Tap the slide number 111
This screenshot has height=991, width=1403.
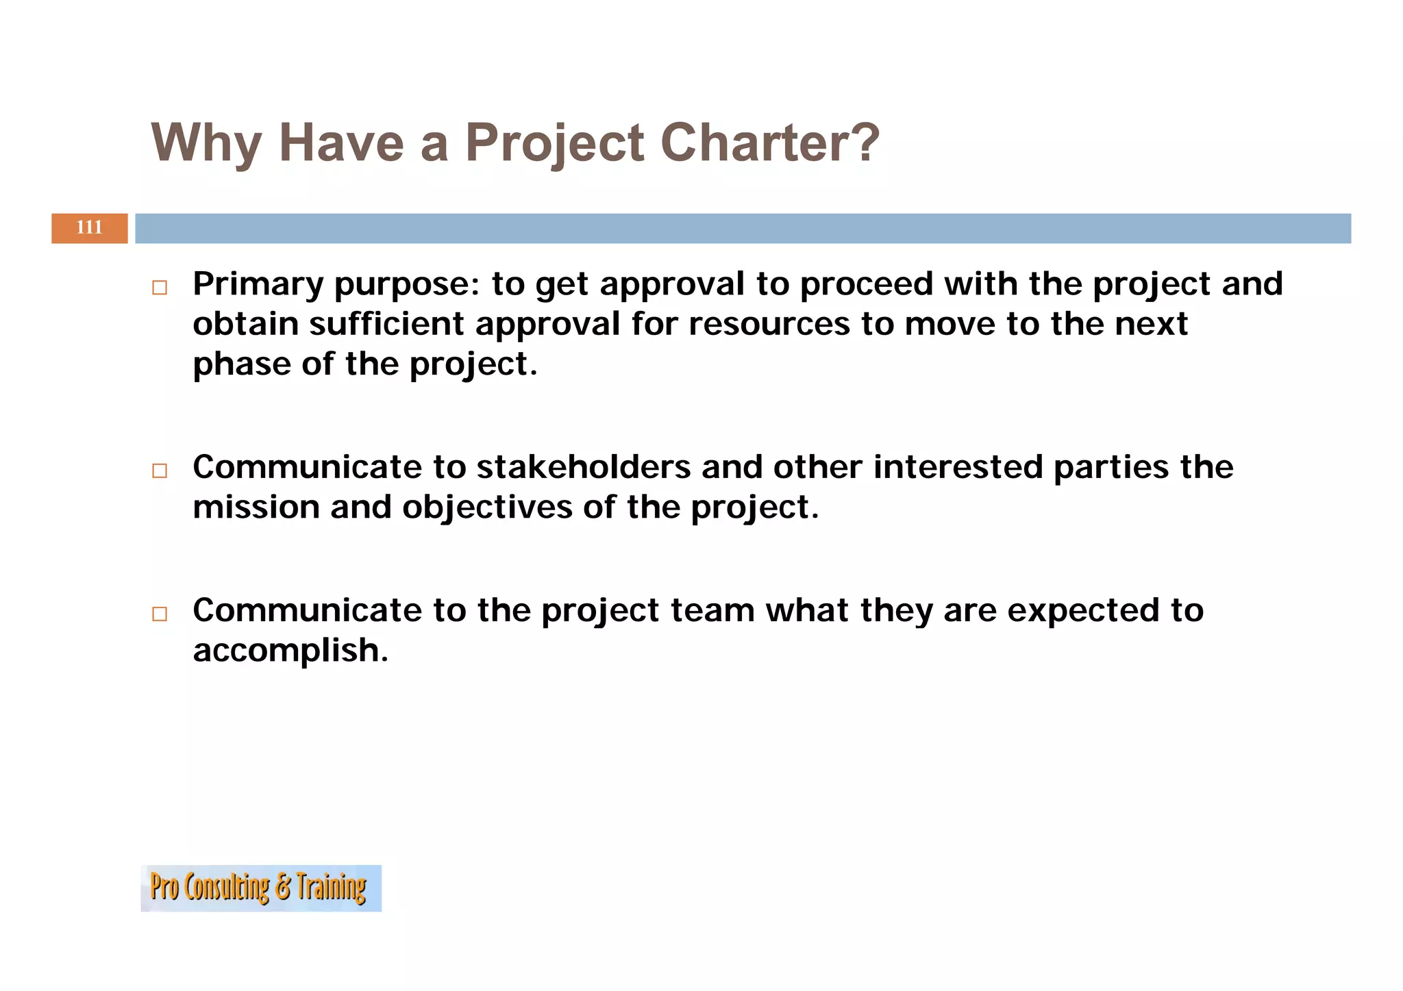tap(89, 227)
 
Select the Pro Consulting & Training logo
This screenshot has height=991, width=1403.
tap(260, 888)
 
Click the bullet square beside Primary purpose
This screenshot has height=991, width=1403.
tap(160, 288)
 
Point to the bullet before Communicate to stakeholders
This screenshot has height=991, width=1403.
tap(160, 471)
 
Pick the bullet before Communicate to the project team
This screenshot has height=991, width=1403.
tap(160, 614)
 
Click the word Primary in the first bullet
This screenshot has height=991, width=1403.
tap(258, 284)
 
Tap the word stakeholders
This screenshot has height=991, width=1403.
tap(583, 467)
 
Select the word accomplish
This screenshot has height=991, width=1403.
tap(290, 650)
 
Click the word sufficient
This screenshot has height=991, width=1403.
tap(386, 323)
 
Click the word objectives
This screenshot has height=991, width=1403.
tap(487, 507)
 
